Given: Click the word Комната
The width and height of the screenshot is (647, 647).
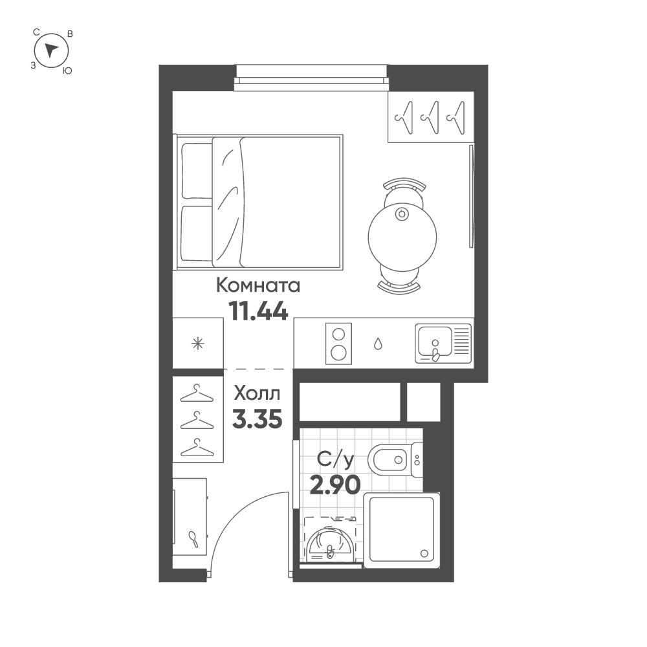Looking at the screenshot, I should (x=258, y=285).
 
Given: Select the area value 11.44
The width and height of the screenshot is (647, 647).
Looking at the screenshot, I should (x=258, y=311).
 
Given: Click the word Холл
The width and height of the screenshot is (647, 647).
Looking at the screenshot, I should (x=257, y=393).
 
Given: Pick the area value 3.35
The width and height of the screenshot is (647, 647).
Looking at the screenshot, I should (x=257, y=419).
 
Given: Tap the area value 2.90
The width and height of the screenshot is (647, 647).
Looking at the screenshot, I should (x=334, y=484).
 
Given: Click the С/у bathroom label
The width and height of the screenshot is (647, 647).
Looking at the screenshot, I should (x=335, y=460).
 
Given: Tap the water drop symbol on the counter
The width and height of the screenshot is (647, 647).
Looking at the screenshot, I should (x=378, y=344).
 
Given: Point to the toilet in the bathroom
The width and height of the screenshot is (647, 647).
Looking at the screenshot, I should (x=389, y=460).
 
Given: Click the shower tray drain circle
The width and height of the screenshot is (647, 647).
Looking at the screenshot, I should (x=424, y=553).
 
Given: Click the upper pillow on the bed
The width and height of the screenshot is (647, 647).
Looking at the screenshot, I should (x=197, y=171).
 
